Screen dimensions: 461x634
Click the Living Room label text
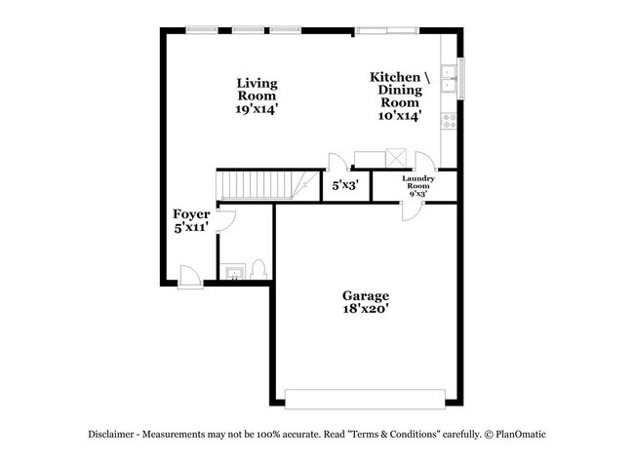[257, 90]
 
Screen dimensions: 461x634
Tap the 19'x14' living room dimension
[258, 109]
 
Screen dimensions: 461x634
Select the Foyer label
[190, 213]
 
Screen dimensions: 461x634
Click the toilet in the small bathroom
[258, 268]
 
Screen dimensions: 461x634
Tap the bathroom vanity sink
[233, 271]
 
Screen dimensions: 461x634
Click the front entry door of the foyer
[191, 278]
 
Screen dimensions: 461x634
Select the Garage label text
[365, 295]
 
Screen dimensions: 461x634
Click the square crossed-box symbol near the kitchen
[397, 159]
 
